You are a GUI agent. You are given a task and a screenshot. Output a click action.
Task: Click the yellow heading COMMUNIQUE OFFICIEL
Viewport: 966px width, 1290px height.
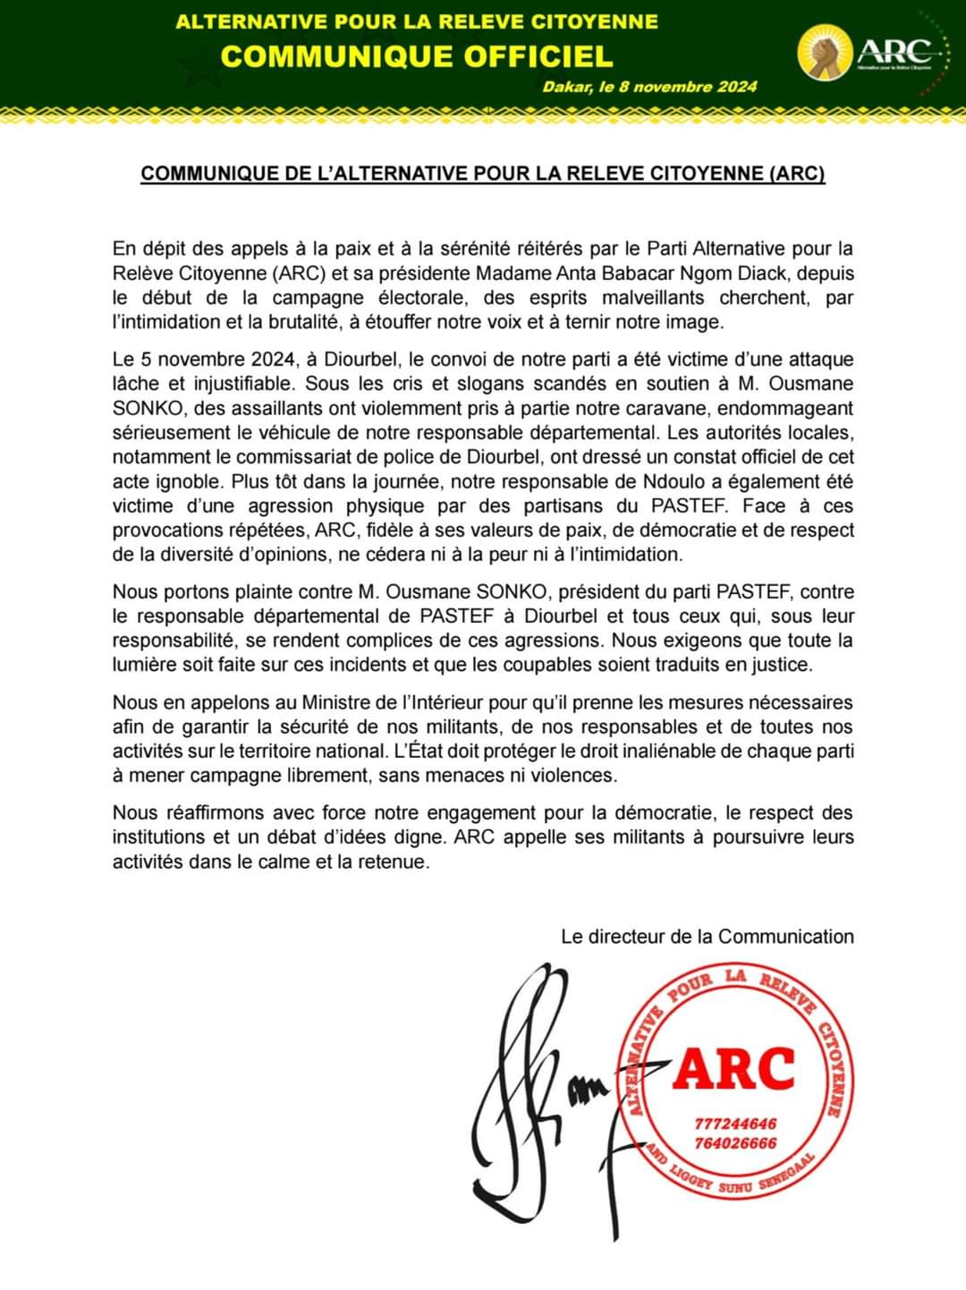[x=416, y=55]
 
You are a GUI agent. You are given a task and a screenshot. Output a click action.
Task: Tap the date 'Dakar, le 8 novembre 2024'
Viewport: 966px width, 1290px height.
[x=649, y=87]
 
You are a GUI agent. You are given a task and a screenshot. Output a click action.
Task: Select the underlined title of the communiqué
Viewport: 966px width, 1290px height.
[x=483, y=173]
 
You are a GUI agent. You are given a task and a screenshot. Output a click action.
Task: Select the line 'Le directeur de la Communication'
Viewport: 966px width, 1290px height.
[x=708, y=937]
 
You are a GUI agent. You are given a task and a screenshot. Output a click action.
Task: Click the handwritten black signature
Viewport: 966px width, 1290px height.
[x=537, y=1091]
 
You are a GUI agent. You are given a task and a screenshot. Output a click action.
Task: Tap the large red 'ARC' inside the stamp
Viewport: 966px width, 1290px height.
[x=734, y=1068]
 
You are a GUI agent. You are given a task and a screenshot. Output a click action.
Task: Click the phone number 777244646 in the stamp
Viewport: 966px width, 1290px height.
[x=735, y=1124]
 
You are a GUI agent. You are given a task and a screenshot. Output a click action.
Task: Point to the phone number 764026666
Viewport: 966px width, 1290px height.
[x=735, y=1142]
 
